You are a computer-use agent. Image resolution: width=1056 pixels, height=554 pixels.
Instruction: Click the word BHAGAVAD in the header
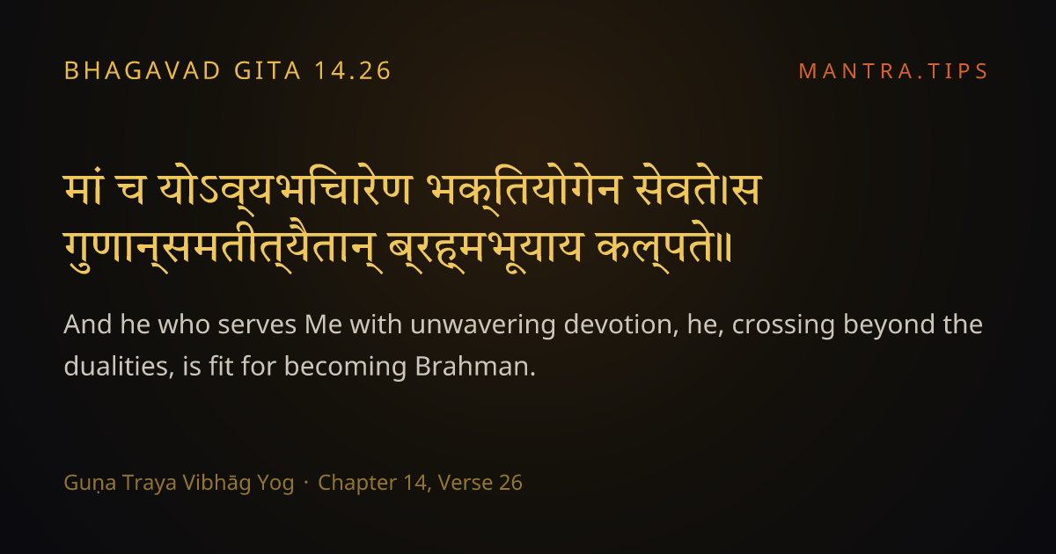(x=143, y=70)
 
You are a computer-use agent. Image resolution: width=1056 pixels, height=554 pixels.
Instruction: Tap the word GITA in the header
(x=268, y=70)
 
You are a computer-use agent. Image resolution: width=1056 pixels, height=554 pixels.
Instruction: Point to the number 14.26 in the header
(x=353, y=70)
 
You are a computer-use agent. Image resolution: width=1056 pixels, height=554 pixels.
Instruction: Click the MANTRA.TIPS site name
(x=893, y=71)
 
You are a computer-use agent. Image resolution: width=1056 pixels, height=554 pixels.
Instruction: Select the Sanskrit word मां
(x=84, y=188)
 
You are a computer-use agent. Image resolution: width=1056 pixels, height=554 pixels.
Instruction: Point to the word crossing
(x=783, y=325)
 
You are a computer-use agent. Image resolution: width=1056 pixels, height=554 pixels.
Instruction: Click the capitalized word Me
(x=324, y=324)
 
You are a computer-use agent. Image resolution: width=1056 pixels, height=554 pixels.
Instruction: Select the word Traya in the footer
(x=150, y=483)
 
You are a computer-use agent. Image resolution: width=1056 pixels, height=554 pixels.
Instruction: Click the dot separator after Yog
(x=306, y=483)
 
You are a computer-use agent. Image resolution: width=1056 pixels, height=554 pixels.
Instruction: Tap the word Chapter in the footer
(x=357, y=483)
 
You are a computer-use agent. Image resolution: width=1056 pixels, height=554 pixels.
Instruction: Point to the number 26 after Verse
(x=510, y=483)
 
